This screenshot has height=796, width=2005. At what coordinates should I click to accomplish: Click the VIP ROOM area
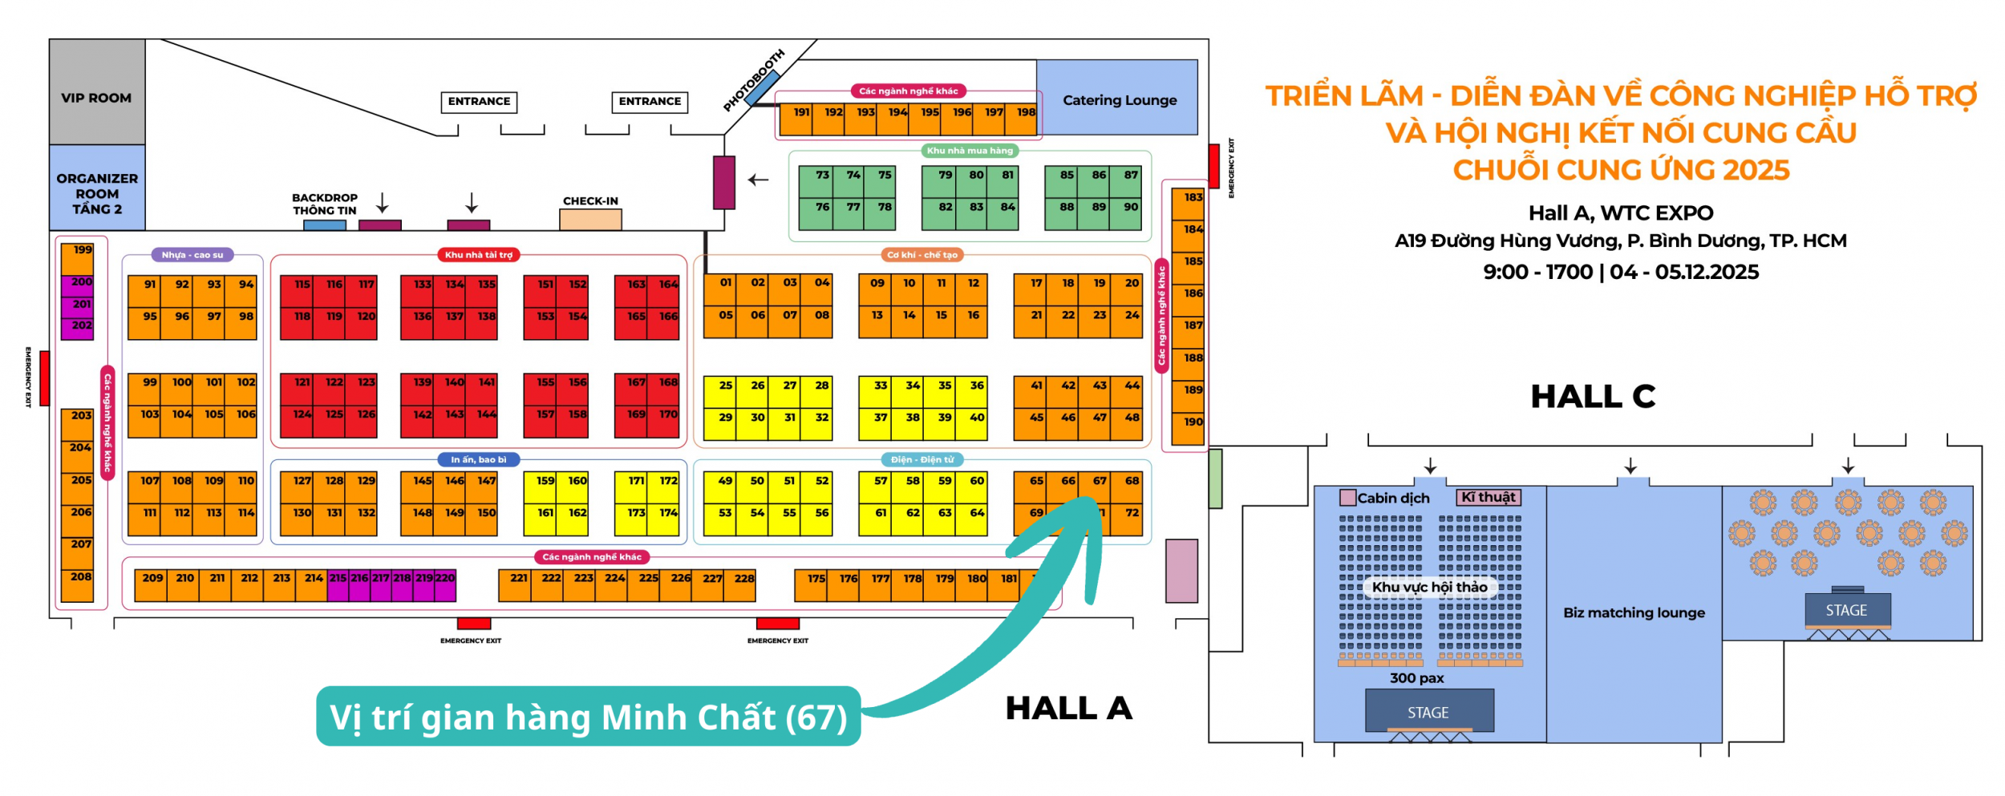coord(96,98)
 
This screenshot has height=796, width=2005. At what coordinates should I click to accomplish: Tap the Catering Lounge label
coord(1120,100)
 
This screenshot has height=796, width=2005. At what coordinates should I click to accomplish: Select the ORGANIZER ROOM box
coord(96,193)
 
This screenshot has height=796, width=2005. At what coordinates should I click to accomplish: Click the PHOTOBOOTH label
coord(754,81)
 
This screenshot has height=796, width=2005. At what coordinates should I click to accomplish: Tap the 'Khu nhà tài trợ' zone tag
coord(479,255)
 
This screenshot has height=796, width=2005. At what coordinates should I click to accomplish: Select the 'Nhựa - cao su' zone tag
coord(192,255)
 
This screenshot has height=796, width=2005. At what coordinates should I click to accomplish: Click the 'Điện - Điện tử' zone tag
coord(922,460)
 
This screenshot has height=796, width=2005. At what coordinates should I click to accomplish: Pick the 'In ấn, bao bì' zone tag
coord(479,460)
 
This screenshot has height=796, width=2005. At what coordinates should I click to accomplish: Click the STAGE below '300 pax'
coord(1428,712)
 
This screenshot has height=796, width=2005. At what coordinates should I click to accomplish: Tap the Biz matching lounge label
coord(1634,613)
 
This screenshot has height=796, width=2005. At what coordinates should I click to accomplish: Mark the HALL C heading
coord(1593,397)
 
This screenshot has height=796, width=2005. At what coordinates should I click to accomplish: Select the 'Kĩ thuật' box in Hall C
coord(1488,498)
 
